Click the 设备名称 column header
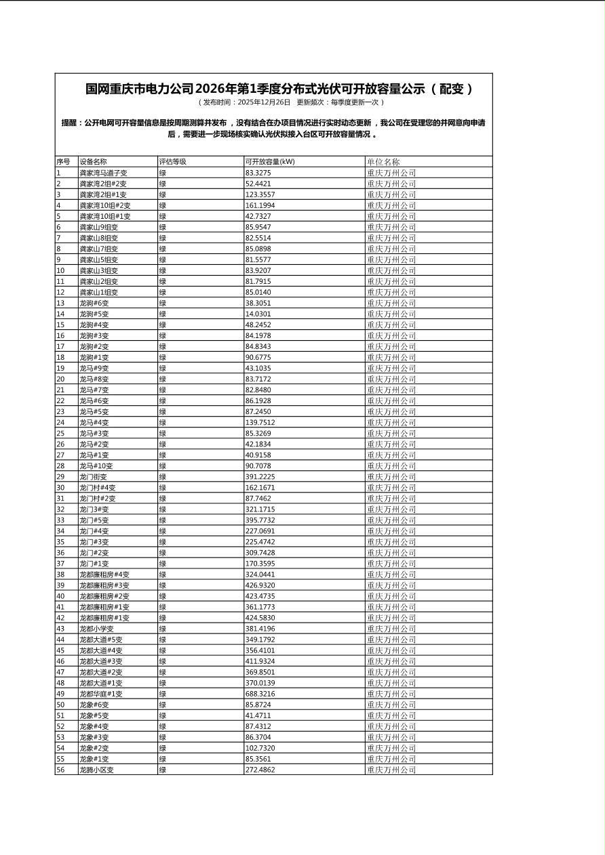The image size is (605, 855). click(93, 162)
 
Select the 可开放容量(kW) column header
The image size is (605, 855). click(270, 162)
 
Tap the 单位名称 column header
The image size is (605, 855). click(383, 162)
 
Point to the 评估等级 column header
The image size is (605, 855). click(173, 162)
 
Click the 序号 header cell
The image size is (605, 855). click(63, 162)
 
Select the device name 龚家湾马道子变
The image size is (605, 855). click(103, 173)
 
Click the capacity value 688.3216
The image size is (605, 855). click(260, 694)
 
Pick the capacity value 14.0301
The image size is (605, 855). click(258, 314)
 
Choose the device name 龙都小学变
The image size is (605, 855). click(96, 629)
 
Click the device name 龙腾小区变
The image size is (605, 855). click(96, 770)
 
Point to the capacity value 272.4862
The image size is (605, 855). click(260, 770)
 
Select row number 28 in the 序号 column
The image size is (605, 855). click(60, 466)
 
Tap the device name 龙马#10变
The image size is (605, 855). click(96, 466)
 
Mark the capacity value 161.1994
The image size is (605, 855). click(260, 205)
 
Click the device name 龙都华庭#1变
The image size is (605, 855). click(100, 694)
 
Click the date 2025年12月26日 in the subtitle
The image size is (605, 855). click(264, 102)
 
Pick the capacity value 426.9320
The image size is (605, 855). click(260, 585)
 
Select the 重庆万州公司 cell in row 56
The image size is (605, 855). click(391, 770)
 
